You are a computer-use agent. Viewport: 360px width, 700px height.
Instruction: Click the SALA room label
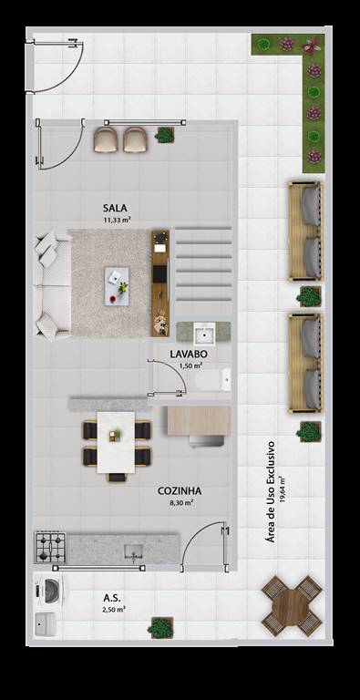[115, 208]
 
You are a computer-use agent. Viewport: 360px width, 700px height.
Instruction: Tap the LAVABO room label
[189, 354]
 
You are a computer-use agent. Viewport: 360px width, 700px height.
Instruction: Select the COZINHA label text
[180, 491]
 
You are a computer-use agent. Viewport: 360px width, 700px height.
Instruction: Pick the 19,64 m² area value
[283, 491]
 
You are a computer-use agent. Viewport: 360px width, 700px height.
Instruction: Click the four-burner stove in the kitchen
[50, 547]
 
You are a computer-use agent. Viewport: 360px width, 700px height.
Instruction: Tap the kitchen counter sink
[134, 551]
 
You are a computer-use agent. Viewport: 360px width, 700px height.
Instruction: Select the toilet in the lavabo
[213, 379]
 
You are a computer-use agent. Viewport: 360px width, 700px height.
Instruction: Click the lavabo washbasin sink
[204, 334]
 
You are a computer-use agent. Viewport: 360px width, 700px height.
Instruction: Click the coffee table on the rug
[117, 286]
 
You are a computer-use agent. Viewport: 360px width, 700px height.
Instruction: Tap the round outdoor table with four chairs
[292, 606]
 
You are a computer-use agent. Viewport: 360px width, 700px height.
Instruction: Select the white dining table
[116, 442]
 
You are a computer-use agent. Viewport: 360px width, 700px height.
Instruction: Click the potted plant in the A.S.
[161, 627]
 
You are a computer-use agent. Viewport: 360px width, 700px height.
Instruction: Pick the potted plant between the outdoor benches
[309, 296]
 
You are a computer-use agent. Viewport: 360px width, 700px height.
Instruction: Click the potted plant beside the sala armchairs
[165, 134]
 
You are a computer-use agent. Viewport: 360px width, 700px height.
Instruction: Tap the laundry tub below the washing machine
[46, 623]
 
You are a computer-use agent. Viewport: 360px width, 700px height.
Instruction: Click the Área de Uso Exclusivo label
[270, 491]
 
